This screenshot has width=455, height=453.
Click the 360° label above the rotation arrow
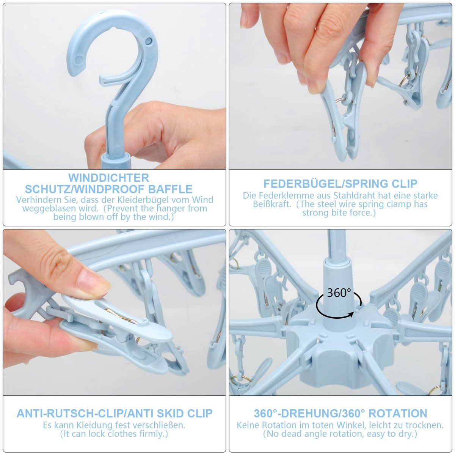pyautogui.click(x=339, y=293)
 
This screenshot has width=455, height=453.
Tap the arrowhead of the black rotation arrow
pyautogui.click(x=352, y=314)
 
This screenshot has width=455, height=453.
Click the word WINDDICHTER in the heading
pyautogui.click(x=108, y=178)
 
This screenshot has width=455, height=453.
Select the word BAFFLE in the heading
pyautogui.click(x=170, y=189)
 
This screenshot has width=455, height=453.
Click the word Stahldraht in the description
pyautogui.click(x=355, y=195)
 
